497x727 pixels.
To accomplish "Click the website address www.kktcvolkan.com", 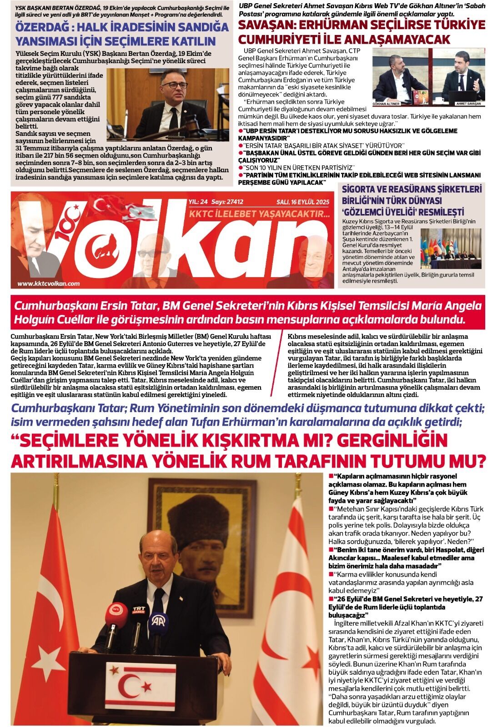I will [49, 284].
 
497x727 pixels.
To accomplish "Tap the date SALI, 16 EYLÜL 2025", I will [303, 202].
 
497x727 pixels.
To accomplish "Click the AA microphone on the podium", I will [159, 624].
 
